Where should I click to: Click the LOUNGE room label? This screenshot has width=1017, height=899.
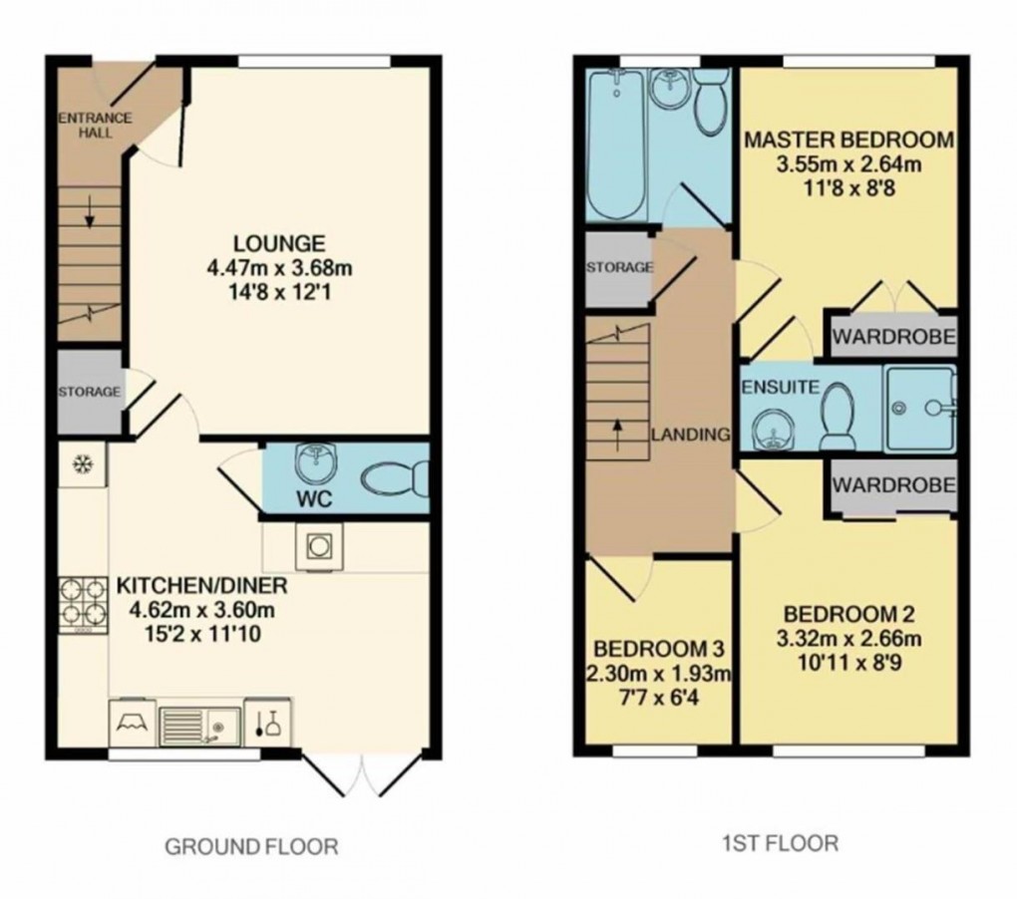coord(279,242)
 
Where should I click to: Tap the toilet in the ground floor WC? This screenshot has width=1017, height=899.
coord(393,480)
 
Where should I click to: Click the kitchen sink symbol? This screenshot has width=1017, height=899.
coord(198,723)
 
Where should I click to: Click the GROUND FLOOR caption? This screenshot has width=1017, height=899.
coord(251,847)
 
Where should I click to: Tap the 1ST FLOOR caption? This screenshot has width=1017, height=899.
coord(781,843)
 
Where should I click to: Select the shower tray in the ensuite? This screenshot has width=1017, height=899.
coord(918,408)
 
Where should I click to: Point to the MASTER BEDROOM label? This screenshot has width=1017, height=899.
coord(847,140)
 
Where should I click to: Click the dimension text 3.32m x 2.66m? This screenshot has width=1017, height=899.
coord(848,639)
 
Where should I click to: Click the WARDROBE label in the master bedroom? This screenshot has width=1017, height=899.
coord(893,337)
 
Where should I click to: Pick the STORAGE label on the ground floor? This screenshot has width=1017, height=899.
coord(88,392)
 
